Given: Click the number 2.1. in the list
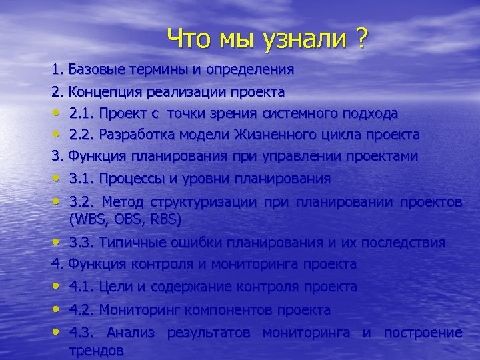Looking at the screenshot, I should [82, 113].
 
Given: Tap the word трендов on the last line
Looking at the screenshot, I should [97, 349].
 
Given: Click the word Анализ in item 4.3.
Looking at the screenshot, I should [131, 332].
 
